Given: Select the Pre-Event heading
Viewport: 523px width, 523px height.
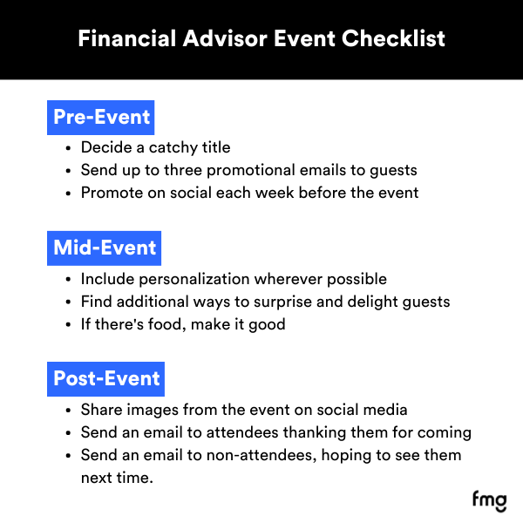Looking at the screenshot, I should [x=101, y=118].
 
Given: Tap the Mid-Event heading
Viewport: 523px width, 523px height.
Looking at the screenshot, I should [x=105, y=248].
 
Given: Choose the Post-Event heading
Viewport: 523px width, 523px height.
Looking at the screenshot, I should [x=106, y=378].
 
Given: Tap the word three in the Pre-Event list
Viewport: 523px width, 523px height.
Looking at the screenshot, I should [x=187, y=170].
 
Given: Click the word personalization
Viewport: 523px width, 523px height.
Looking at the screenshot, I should [x=191, y=280].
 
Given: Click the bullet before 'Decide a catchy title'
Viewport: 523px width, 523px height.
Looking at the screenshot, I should [x=69, y=148].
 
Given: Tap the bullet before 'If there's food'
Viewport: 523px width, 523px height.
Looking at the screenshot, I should [x=69, y=324].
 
